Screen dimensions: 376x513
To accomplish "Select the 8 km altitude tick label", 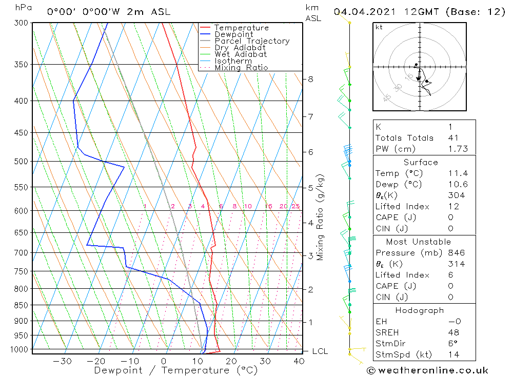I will pos(310,79).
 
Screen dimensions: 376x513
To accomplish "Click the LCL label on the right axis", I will pos(320,351).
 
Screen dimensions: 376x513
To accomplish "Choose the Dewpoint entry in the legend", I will pos(233,34).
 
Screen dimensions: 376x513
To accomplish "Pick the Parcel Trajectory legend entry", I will pos(252,41).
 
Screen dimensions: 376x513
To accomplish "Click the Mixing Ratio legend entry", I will pos(241,67).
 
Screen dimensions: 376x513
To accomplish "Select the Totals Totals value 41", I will pos(453,138).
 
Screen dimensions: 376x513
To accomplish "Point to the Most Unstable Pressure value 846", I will pos(456,253).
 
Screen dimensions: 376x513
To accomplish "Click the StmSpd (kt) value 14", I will pos(453,354).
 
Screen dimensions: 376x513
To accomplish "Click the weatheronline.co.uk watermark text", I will pos(427,370).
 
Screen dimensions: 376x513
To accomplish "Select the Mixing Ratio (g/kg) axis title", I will pos(321,217).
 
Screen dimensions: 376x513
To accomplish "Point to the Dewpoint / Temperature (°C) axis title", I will pos(175,370).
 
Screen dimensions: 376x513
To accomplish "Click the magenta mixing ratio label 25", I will pos(295,206).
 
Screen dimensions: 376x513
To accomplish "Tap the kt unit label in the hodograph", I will pos(379,28).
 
